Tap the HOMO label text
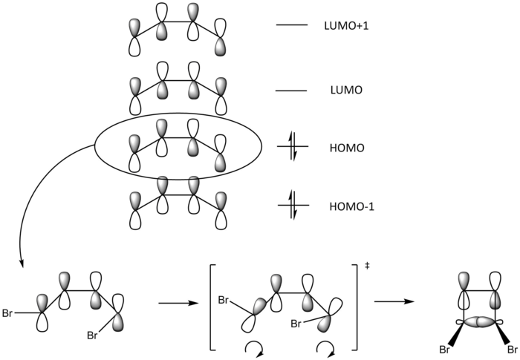tap(345, 148)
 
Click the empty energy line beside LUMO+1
tap(292, 27)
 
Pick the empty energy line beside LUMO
tap(292, 91)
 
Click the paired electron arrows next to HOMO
tap(292, 148)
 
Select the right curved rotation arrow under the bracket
tap(324, 348)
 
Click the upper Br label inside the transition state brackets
tap(225, 300)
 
